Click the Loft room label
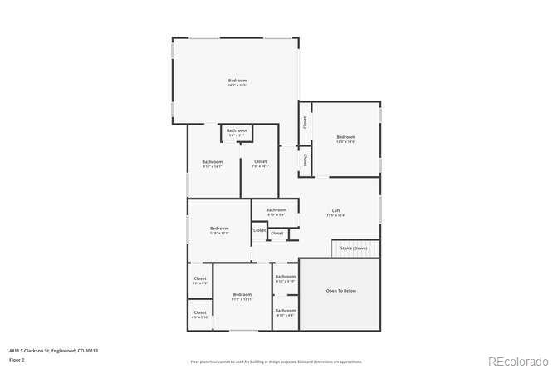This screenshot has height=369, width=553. pos(335,212)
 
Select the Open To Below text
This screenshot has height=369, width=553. pos(340,291)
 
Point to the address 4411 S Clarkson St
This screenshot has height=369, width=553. pos(53,351)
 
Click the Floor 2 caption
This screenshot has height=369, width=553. pos(17,360)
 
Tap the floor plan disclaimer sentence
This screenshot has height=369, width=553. pos(276,362)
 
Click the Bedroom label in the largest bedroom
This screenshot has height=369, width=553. pos(237,81)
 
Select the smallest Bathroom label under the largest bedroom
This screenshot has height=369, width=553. pos(237,130)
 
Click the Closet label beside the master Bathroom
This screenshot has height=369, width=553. pos(260,161)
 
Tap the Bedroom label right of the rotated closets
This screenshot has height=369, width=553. pos(345,137)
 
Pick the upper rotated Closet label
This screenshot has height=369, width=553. pos(306,121)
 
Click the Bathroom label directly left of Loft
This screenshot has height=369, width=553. pos(276,210)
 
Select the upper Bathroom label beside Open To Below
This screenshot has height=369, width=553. pos(286,277)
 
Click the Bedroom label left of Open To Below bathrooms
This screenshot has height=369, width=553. pos(242,294)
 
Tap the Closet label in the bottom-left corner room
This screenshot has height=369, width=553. pos(200,313)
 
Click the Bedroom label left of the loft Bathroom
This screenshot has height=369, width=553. pos(219,229)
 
